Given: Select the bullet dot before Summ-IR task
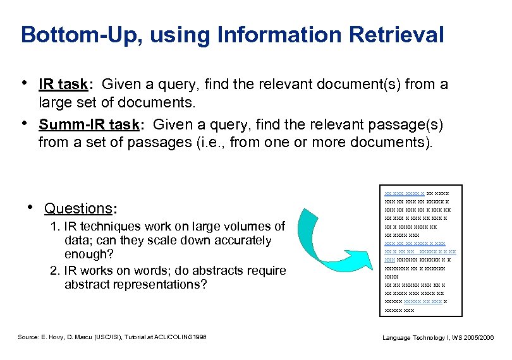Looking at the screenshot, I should click(25, 123).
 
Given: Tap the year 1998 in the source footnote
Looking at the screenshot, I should click(200, 338).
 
